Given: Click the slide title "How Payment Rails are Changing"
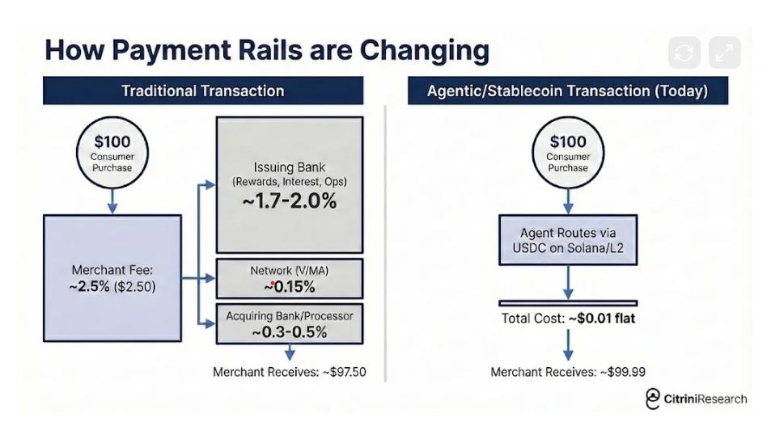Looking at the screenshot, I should (x=267, y=50).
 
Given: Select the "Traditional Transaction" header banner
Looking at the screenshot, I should (x=202, y=91).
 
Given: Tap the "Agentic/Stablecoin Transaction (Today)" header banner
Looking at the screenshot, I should (x=567, y=91).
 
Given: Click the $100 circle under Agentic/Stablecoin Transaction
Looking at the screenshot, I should (x=567, y=152).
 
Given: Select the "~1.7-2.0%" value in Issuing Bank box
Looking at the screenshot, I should (x=289, y=201).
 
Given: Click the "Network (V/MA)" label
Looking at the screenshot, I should (x=289, y=270).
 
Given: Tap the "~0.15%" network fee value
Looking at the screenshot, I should (x=289, y=286).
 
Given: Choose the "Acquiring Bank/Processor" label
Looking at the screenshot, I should (x=289, y=315).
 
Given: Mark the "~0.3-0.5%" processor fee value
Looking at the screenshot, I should (x=289, y=332).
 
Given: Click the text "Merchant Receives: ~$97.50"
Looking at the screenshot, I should (x=289, y=372).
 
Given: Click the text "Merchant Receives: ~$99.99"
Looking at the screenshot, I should (x=567, y=372).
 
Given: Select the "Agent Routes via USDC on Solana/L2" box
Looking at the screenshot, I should (x=567, y=240).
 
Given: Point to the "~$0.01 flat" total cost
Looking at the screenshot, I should (x=602, y=318).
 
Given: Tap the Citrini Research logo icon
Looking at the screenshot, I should (x=653, y=399).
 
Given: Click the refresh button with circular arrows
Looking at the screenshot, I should (x=684, y=53).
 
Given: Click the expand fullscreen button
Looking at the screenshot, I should (x=724, y=53).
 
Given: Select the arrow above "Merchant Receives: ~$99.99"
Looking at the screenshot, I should (x=567, y=344).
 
